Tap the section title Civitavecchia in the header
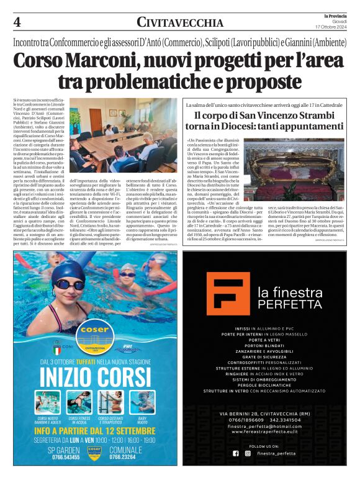coord(180,23)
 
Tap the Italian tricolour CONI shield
coord(58,342)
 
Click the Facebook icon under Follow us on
coord(235,453)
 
